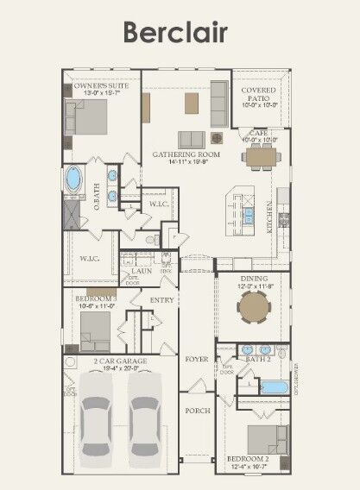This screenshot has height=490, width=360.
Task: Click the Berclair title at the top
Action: (175, 32)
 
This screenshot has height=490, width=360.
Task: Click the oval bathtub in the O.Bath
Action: (74, 179)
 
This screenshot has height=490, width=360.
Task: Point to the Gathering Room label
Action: (186, 154)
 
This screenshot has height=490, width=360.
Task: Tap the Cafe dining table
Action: (260, 156)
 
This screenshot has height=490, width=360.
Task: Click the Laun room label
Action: (142, 271)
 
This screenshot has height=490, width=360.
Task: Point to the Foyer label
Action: (197, 358)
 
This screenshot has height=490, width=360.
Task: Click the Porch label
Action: (198, 411)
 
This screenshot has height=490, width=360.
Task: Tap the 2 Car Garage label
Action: (120, 361)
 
